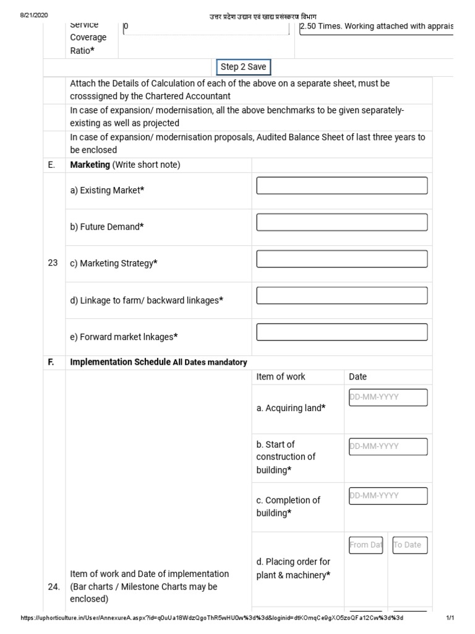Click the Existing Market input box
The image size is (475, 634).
(341, 186)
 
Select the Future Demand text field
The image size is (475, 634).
(341, 222)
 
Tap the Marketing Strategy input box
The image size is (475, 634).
(341, 259)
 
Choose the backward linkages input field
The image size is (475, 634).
(341, 295)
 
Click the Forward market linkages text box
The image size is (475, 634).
(341, 332)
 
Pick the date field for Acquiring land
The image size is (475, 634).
(388, 397)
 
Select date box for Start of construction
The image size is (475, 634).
(388, 446)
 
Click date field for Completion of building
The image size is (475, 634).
(388, 496)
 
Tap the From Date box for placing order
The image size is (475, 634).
(366, 545)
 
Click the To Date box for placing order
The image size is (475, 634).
(410, 545)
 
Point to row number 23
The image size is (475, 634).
(53, 263)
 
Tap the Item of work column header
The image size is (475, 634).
(281, 376)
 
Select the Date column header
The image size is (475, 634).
(358, 376)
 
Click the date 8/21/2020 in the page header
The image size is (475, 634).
(34, 15)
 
